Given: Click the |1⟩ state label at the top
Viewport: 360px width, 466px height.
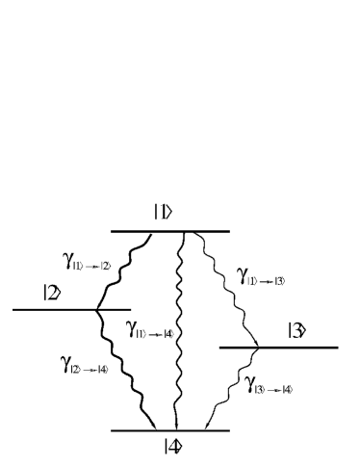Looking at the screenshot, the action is point(163,214).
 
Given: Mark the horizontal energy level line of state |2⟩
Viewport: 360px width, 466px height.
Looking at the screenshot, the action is point(48,310).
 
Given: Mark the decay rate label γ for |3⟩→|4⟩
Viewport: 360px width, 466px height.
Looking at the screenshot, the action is point(267,387).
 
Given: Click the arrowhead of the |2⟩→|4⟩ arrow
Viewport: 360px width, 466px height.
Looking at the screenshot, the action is point(154,425).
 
